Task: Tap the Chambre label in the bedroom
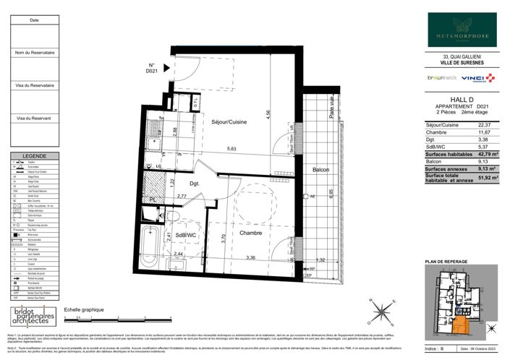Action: [x=231, y=233]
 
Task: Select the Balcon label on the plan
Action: [x=320, y=170]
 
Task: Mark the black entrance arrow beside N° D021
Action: [x=167, y=69]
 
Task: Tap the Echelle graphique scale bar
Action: [x=90, y=317]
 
